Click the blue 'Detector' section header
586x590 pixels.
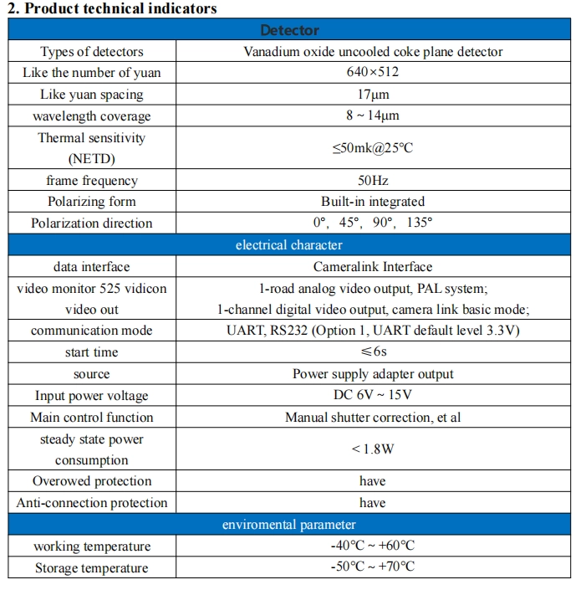289,30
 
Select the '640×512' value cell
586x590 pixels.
373,73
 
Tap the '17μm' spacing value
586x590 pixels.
373,95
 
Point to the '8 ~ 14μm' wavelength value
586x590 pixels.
373,116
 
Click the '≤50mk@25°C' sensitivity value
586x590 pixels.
373,148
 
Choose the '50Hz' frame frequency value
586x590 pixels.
373,180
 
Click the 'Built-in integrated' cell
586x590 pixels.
373,202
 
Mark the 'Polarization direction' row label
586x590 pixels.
92,223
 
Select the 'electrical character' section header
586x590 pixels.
289,245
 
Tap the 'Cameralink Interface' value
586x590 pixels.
373,267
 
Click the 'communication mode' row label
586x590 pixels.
92,331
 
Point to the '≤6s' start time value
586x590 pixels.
373,352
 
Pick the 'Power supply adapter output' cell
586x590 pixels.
373,374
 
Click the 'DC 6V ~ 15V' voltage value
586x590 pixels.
373,396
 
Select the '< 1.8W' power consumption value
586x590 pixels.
373,449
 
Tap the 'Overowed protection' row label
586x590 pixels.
92,481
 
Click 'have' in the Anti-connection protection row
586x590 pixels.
373,503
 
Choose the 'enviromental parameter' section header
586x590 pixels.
289,525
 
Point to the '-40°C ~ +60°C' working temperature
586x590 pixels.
373,546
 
